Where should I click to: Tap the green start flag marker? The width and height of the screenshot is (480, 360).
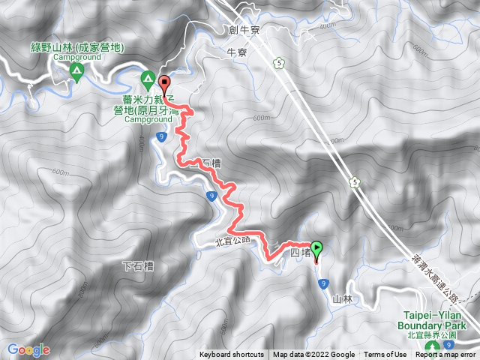pos(316,248)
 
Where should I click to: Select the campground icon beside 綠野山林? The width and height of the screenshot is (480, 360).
pos(76,70)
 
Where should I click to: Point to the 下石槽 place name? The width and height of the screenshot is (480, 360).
pos(136,266)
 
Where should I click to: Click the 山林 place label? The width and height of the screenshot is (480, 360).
pos(342,299)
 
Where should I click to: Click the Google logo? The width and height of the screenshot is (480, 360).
pos(28,349)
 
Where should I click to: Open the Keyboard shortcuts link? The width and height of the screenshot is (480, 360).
pos(231,355)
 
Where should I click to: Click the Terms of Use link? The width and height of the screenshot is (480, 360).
pos(386,355)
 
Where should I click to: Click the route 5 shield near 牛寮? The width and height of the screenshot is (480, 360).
pos(279,64)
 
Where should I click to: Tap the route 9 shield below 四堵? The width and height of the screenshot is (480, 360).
pos(323,283)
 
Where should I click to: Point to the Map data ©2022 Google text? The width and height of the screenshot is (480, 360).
pos(313,355)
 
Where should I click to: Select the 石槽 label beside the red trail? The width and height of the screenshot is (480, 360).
pos(213,163)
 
